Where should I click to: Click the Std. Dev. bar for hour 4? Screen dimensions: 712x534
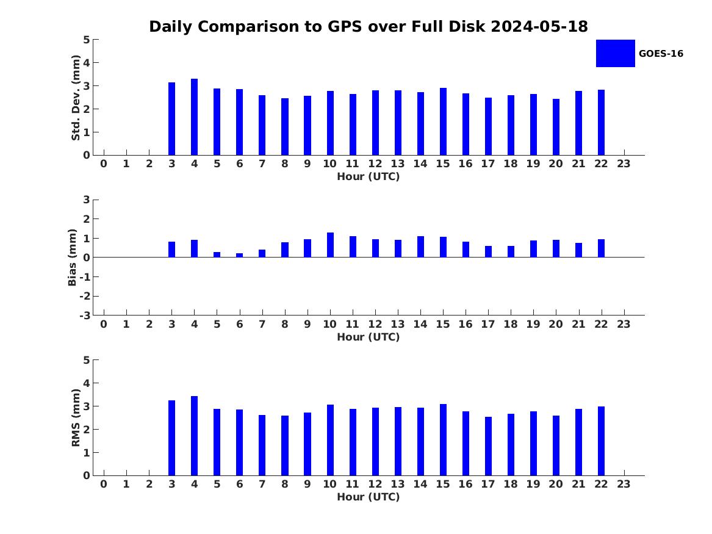(x=195, y=117)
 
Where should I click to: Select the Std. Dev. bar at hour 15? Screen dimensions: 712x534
(x=443, y=121)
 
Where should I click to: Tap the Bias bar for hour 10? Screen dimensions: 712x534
(x=330, y=245)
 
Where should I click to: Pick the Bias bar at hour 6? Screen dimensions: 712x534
(x=239, y=255)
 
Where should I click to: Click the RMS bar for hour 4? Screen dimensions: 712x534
(x=195, y=436)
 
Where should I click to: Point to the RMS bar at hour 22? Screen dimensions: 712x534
(x=601, y=441)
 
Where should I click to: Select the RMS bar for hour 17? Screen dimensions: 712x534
(x=488, y=446)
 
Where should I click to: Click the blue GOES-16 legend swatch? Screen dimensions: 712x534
(x=615, y=54)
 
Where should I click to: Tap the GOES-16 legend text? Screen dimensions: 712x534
(x=661, y=54)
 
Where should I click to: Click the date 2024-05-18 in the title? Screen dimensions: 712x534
(x=539, y=27)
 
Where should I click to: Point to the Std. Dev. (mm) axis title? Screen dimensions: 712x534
(x=76, y=98)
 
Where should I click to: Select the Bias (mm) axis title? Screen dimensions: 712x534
(x=72, y=258)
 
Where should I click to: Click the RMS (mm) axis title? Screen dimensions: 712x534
(x=76, y=418)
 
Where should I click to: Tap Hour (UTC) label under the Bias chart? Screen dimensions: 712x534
(x=369, y=337)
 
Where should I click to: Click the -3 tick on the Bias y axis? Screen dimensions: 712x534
(x=85, y=316)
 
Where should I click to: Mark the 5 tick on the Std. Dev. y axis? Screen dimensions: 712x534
(x=87, y=40)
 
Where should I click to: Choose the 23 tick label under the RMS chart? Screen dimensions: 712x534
(x=624, y=484)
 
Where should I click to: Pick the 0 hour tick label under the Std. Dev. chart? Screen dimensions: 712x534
(x=104, y=164)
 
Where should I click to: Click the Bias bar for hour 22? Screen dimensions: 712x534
(x=601, y=248)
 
